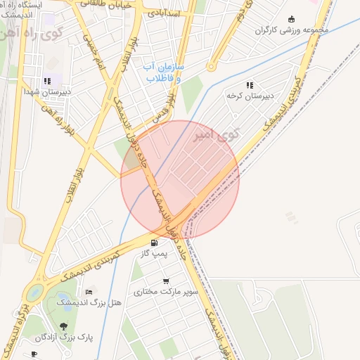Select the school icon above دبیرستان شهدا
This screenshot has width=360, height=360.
(47, 82)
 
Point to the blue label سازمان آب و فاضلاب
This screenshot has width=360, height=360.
(165, 72)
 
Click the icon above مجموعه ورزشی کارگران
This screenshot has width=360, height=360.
(292, 20)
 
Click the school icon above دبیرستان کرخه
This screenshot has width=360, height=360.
(249, 85)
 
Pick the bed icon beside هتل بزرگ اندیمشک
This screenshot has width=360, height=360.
(89, 291)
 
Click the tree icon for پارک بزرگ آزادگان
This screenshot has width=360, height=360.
(64, 327)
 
